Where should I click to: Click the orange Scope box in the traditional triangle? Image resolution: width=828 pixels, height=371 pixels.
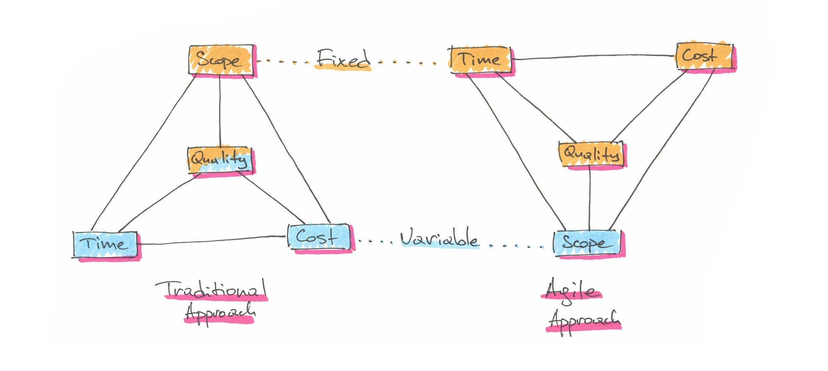tap(221, 60)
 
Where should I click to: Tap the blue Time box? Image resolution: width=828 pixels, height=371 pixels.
tap(105, 244)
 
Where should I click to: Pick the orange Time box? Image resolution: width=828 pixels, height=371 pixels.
tap(480, 60)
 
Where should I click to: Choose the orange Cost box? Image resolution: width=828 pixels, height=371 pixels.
tap(704, 56)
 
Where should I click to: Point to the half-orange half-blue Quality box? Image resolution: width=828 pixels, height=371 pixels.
tap(220, 159)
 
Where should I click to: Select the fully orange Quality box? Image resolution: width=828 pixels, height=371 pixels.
tap(591, 154)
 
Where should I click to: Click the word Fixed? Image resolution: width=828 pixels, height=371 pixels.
tap(343, 60)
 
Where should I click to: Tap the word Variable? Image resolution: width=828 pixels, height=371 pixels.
tap(439, 238)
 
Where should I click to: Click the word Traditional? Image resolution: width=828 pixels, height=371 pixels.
tap(211, 290)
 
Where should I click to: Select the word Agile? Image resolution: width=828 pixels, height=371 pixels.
tap(571, 291)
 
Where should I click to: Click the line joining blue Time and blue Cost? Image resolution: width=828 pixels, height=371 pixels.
tap(211, 240)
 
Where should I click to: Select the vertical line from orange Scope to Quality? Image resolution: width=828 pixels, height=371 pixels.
tap(220, 112)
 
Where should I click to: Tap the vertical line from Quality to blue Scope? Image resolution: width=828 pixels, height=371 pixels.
tap(590, 199)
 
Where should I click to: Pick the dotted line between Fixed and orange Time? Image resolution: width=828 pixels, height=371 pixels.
tap(408, 63)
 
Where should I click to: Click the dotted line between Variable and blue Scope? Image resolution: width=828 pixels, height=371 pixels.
tap(515, 246)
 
